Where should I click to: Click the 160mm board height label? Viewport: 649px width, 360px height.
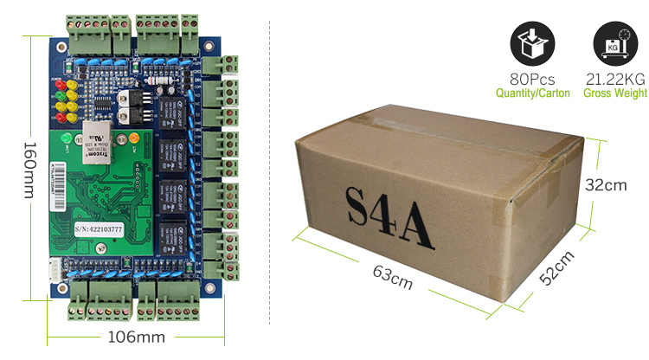tap(29, 170)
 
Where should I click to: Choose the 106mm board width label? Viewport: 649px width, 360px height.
tap(136, 337)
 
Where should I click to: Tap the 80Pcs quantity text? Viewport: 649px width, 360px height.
tap(532, 79)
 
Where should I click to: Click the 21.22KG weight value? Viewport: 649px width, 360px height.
tap(615, 79)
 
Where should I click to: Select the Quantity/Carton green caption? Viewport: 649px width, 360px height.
tap(532, 93)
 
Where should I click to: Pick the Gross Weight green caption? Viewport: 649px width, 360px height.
tap(615, 93)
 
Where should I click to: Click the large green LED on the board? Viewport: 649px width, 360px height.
tap(67, 139)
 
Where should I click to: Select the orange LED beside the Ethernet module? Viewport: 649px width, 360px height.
tap(133, 138)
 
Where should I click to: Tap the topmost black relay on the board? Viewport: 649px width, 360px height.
tap(170, 110)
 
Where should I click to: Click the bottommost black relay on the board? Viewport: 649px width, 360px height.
tap(170, 234)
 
